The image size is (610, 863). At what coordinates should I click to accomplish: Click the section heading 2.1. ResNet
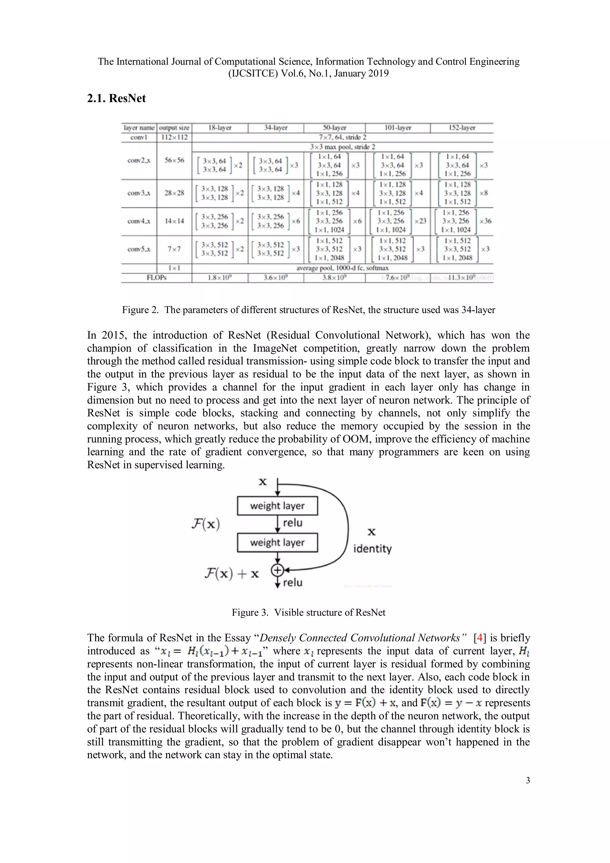(x=116, y=99)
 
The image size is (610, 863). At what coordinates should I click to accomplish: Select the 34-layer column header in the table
(x=276, y=128)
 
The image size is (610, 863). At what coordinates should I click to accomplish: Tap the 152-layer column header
(x=462, y=128)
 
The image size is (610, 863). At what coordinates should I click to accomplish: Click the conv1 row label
(x=139, y=137)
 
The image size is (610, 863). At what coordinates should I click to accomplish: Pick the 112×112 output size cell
(x=174, y=137)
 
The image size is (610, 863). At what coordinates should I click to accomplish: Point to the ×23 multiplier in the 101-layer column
(x=420, y=221)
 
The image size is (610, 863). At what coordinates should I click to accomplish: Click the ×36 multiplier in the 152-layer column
(x=485, y=221)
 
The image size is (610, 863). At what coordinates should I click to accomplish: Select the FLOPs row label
(x=156, y=278)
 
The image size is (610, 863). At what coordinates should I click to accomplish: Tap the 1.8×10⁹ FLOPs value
(x=220, y=278)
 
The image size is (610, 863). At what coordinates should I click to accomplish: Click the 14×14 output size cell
(x=174, y=221)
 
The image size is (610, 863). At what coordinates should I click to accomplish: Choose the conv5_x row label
(x=139, y=249)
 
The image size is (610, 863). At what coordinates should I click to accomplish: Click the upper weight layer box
(x=277, y=506)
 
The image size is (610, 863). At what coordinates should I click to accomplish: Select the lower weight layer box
(x=277, y=542)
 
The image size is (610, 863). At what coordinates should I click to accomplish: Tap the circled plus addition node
(x=277, y=570)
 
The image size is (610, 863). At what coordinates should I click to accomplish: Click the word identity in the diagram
(x=372, y=549)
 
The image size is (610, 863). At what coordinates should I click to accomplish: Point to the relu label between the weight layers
(x=292, y=523)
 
